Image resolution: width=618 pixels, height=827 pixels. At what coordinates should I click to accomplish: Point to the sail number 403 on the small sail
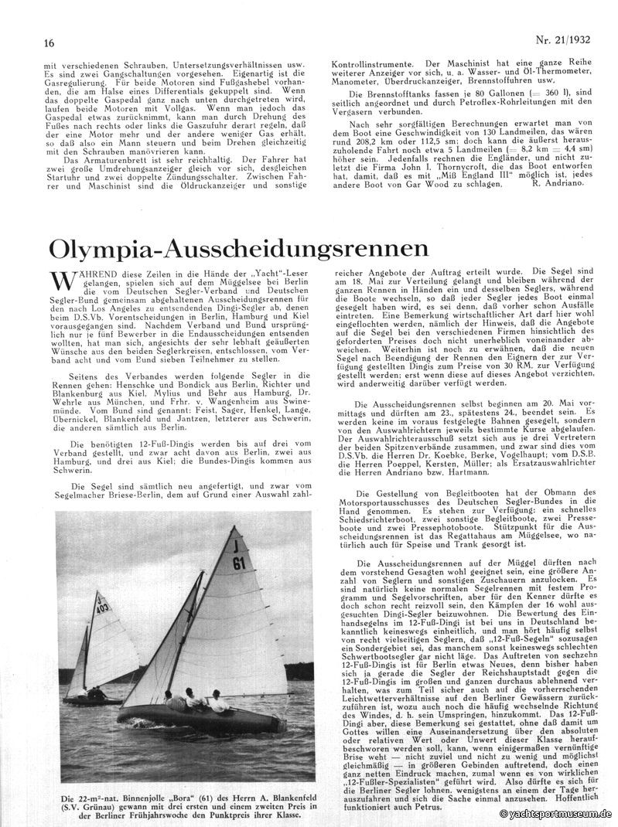tap(101, 607)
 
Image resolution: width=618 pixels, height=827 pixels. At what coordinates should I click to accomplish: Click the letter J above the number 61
tap(233, 545)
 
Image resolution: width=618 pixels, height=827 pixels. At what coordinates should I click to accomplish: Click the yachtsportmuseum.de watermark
tap(555, 814)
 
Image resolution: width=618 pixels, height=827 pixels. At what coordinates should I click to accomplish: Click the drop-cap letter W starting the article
tap(63, 284)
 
